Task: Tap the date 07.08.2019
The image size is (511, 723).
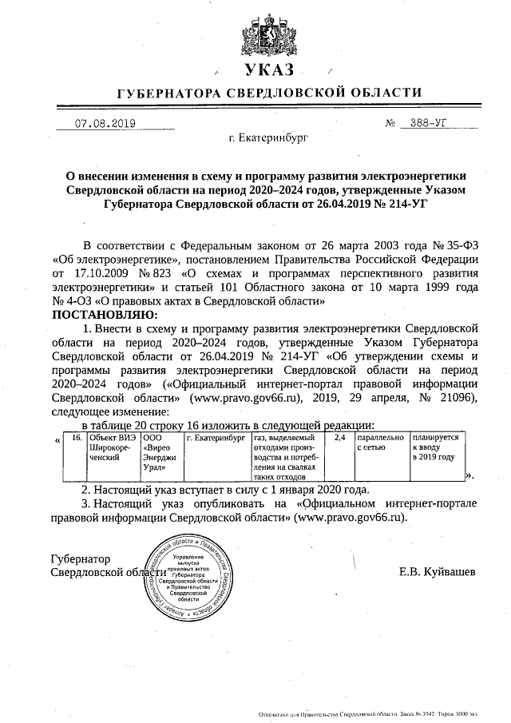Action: (105, 124)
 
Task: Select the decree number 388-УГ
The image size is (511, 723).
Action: (431, 124)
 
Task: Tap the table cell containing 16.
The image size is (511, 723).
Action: (76, 439)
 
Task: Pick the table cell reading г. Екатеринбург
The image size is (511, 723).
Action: (215, 439)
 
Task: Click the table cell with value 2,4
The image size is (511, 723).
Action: (339, 439)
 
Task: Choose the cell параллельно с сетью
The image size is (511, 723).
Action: (380, 443)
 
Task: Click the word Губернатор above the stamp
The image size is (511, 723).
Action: (80, 558)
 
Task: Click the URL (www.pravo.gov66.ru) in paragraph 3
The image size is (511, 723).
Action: (351, 517)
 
